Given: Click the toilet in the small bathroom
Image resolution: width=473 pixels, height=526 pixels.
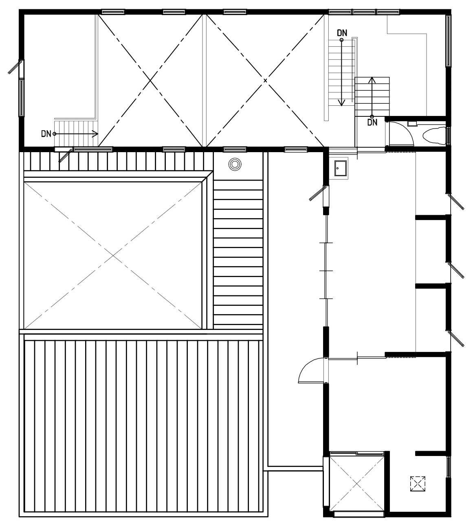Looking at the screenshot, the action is (434, 136).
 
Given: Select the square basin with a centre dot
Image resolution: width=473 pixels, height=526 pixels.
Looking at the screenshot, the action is (340, 168).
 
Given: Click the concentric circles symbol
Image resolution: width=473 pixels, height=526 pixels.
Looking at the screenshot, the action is (235, 164).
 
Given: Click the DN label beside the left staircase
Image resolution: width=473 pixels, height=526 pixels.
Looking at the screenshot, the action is (46, 134).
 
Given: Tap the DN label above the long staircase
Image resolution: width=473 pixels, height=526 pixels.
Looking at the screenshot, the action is (342, 33).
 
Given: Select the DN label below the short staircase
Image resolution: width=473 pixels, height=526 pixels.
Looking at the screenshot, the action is (372, 122).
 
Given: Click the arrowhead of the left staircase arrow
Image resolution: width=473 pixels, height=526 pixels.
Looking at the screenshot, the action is (95, 134).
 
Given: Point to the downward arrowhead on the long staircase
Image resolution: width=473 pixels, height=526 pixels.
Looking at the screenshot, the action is (341, 103).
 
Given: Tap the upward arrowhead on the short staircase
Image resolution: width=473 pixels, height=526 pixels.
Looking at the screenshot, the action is (372, 80).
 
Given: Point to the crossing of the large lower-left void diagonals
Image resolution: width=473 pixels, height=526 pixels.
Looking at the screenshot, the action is (113, 255).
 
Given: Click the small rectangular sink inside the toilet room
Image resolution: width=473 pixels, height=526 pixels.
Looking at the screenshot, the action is (412, 124).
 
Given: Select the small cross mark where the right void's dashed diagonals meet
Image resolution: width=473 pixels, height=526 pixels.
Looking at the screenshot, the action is (265, 81).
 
